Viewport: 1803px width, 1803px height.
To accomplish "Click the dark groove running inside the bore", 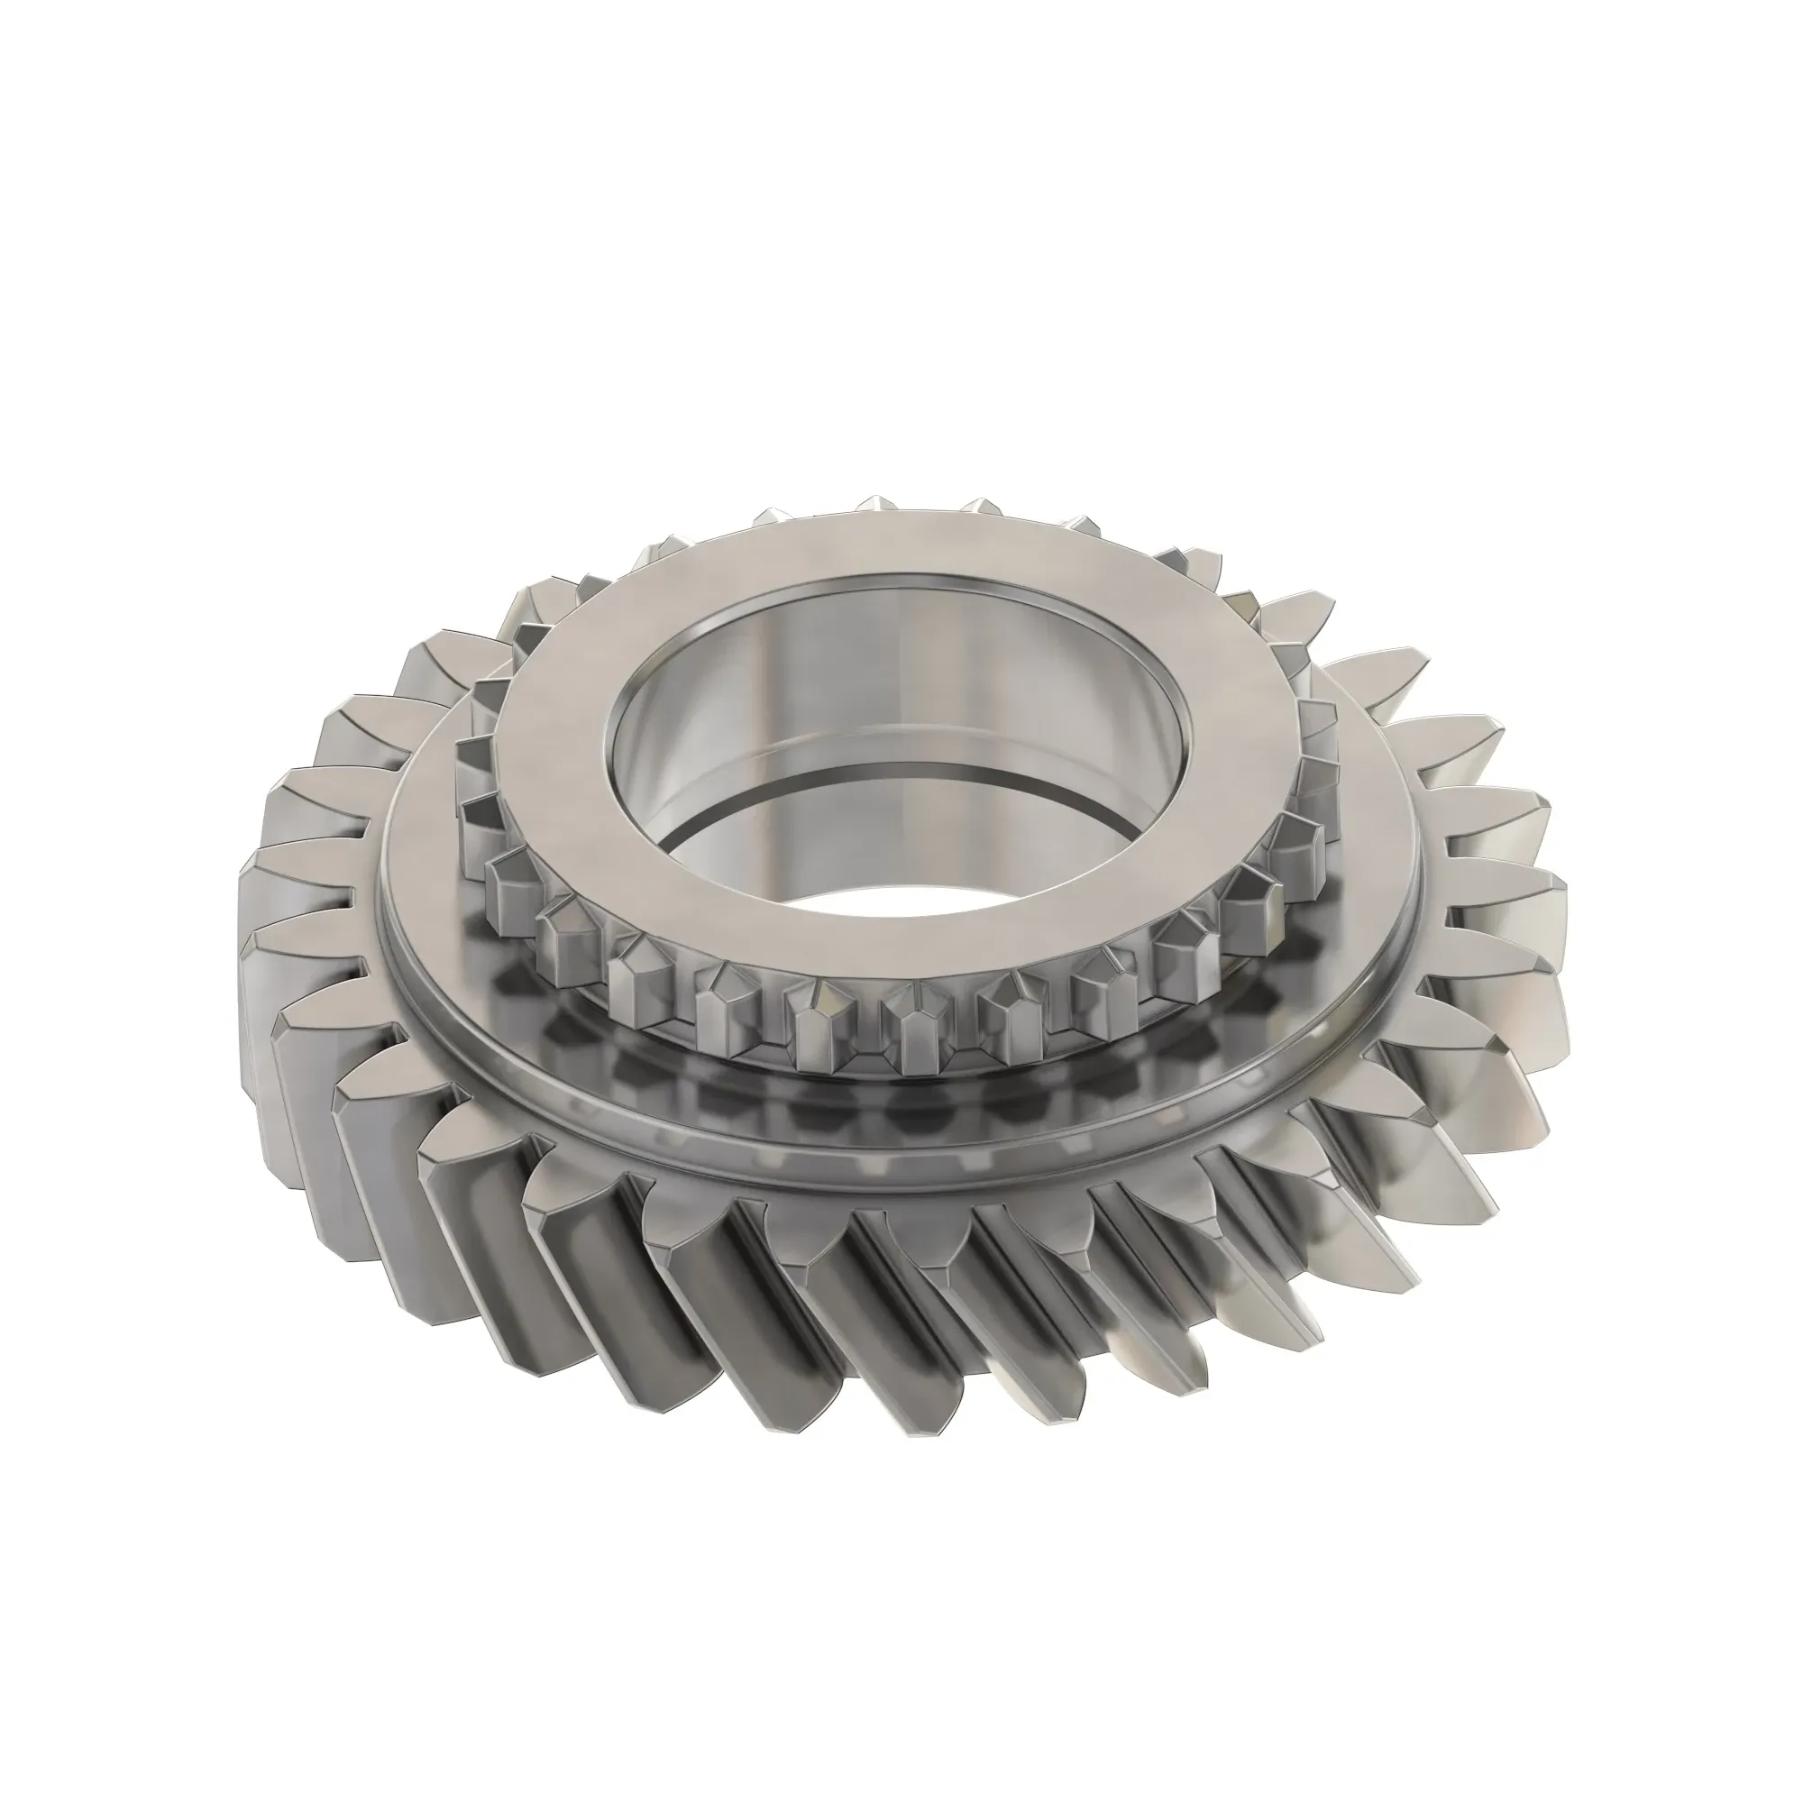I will point(896,807).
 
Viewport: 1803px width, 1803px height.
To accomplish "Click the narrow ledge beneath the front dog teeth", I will point(896,1083).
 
